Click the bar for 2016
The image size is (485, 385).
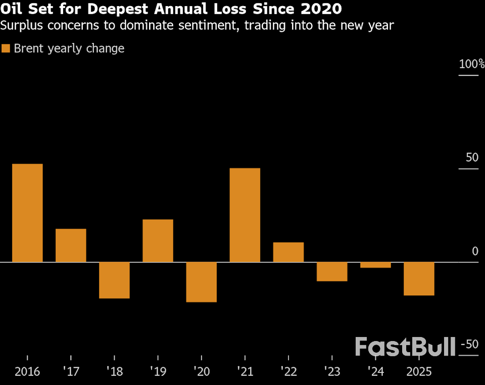coord(27,213)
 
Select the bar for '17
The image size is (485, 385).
coord(71,245)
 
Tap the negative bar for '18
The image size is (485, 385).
coord(114,280)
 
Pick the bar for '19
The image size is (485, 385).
coord(158,240)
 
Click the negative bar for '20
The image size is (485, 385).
coord(201,282)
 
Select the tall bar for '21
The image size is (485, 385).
coord(245,215)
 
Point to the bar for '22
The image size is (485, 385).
coord(288,252)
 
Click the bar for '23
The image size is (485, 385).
coord(332,271)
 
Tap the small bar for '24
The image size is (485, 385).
coord(375,265)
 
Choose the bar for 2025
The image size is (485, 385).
coord(419,278)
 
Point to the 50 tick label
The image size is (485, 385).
coord(471,158)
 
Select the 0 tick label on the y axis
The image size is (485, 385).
coord(474,251)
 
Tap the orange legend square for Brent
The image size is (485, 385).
coord(6,49)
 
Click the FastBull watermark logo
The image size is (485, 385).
coord(405,347)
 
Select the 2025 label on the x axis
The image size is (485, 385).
coord(419,372)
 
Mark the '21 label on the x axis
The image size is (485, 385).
coord(245,372)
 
